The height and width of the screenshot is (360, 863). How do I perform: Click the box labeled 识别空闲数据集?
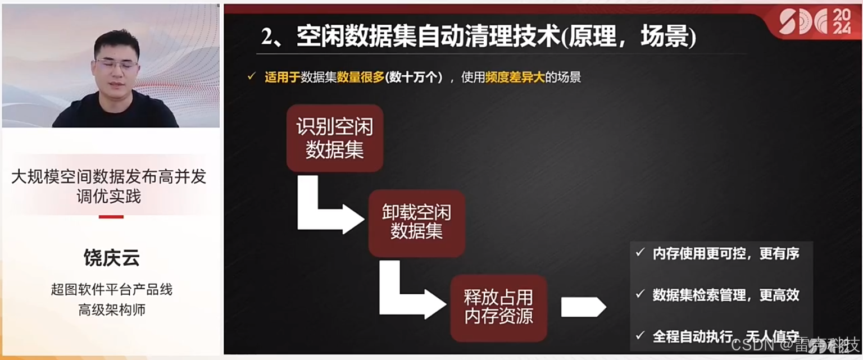[334, 138]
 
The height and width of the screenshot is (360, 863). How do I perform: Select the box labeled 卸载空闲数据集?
[416, 222]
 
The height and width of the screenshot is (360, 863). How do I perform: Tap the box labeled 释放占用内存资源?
[498, 307]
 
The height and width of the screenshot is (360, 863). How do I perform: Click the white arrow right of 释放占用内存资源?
[583, 307]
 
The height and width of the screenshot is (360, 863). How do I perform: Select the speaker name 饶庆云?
[111, 258]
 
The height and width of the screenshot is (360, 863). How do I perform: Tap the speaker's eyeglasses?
[116, 65]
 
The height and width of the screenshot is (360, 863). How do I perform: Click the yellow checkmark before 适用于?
[252, 76]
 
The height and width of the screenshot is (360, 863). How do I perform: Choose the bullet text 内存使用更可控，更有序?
[725, 253]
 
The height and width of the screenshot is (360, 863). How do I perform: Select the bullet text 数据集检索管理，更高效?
[725, 295]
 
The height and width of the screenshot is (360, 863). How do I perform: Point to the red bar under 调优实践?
[111, 216]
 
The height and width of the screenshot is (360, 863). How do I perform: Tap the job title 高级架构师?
[111, 309]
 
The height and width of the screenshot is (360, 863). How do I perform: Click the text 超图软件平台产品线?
[111, 290]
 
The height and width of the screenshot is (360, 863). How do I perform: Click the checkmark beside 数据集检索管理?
[639, 294]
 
